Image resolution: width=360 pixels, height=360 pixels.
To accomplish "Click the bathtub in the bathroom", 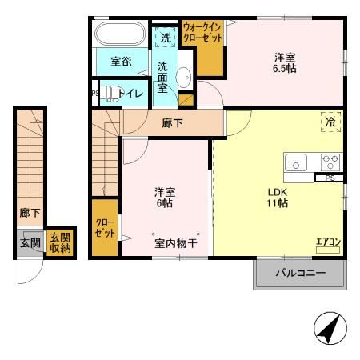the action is click(x=120, y=34).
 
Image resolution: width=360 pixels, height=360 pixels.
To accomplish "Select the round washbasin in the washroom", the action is click(x=183, y=78).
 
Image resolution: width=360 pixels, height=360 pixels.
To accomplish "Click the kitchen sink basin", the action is click(x=296, y=162).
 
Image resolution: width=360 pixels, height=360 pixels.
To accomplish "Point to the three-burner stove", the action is click(x=330, y=162).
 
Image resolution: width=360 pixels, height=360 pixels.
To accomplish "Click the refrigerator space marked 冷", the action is click(x=331, y=122).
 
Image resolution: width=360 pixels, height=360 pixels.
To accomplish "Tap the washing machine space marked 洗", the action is click(x=166, y=38).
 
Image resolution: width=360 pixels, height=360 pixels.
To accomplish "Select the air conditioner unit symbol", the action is click(x=328, y=250).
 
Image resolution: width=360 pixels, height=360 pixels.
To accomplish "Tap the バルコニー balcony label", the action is click(x=301, y=273).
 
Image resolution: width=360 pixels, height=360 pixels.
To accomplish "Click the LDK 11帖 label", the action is click(x=278, y=198).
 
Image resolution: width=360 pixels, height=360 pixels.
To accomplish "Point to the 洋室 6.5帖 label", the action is click(x=285, y=63).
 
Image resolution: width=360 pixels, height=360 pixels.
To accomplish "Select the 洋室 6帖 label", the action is click(x=165, y=198).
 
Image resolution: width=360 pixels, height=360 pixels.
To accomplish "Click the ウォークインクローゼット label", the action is click(x=202, y=32).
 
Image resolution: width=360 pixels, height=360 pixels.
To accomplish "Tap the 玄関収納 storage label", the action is click(x=60, y=242).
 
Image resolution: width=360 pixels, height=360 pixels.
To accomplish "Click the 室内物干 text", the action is click(x=176, y=243).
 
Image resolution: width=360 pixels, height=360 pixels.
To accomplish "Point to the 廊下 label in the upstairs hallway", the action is click(x=172, y=123).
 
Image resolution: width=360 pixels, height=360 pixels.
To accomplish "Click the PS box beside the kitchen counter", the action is click(x=330, y=178).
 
